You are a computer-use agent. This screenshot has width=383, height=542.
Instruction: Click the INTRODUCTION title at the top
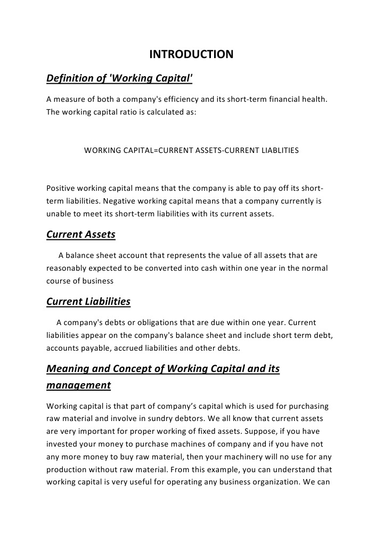(x=191, y=54)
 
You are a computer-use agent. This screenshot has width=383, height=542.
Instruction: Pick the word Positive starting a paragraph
(x=61, y=189)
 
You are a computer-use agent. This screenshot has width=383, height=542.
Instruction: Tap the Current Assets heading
(x=80, y=234)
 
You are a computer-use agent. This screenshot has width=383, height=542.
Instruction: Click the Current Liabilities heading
(x=88, y=302)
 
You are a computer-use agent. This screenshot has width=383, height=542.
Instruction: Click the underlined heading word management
(x=78, y=385)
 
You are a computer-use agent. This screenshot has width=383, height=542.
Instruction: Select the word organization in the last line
(x=276, y=482)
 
